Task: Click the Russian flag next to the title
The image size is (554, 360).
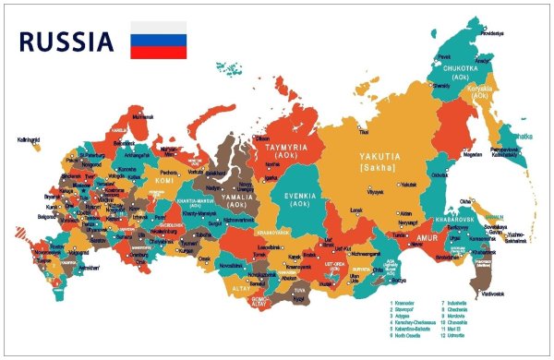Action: (158, 41)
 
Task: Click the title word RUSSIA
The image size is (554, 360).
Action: (66, 42)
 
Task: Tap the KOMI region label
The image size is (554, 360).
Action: (164, 181)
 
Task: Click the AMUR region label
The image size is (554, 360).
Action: (427, 237)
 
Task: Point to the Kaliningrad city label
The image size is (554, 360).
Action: (29, 140)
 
